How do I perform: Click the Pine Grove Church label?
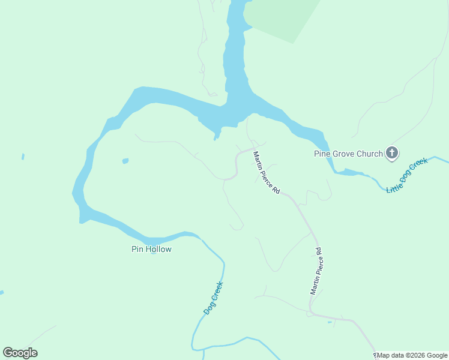coord(348,154)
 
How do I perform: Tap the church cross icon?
coord(392,154)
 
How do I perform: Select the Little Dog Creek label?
coord(406,175)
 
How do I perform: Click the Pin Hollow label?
coord(151,249)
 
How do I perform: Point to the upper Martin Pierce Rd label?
coord(267,172)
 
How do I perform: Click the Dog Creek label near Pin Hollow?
coord(213,298)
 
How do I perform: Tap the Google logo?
coord(20,353)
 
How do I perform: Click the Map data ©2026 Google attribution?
coord(412,356)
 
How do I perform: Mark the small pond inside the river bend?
coord(125,161)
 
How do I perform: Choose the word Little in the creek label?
coord(394,185)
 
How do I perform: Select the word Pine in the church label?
coord(323,154)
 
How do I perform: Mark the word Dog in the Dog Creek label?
coord(209,307)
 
